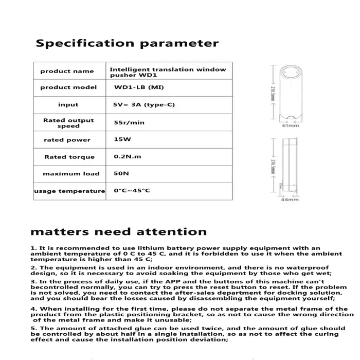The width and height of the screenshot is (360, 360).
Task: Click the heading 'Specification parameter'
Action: pyautogui.click(x=127, y=43)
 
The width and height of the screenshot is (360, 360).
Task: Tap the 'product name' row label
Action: pyautogui.click(x=67, y=71)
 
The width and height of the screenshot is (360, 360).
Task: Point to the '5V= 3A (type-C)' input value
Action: pyautogui.click(x=144, y=104)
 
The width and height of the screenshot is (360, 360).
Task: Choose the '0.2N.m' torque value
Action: pyautogui.click(x=128, y=156)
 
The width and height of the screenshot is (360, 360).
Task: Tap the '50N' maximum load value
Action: pyautogui.click(x=121, y=174)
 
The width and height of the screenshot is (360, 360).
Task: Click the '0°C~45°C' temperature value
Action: pyautogui.click(x=132, y=191)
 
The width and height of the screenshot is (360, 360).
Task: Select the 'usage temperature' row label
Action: pyautogui.click(x=69, y=191)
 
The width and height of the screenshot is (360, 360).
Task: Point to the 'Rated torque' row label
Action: pyautogui.click(x=69, y=157)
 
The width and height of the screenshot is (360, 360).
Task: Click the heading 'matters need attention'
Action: pyautogui.click(x=118, y=231)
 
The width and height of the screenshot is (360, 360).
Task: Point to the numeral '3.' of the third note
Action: pyautogui.click(x=33, y=282)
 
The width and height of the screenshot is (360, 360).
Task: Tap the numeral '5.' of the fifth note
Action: pyautogui.click(x=33, y=328)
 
